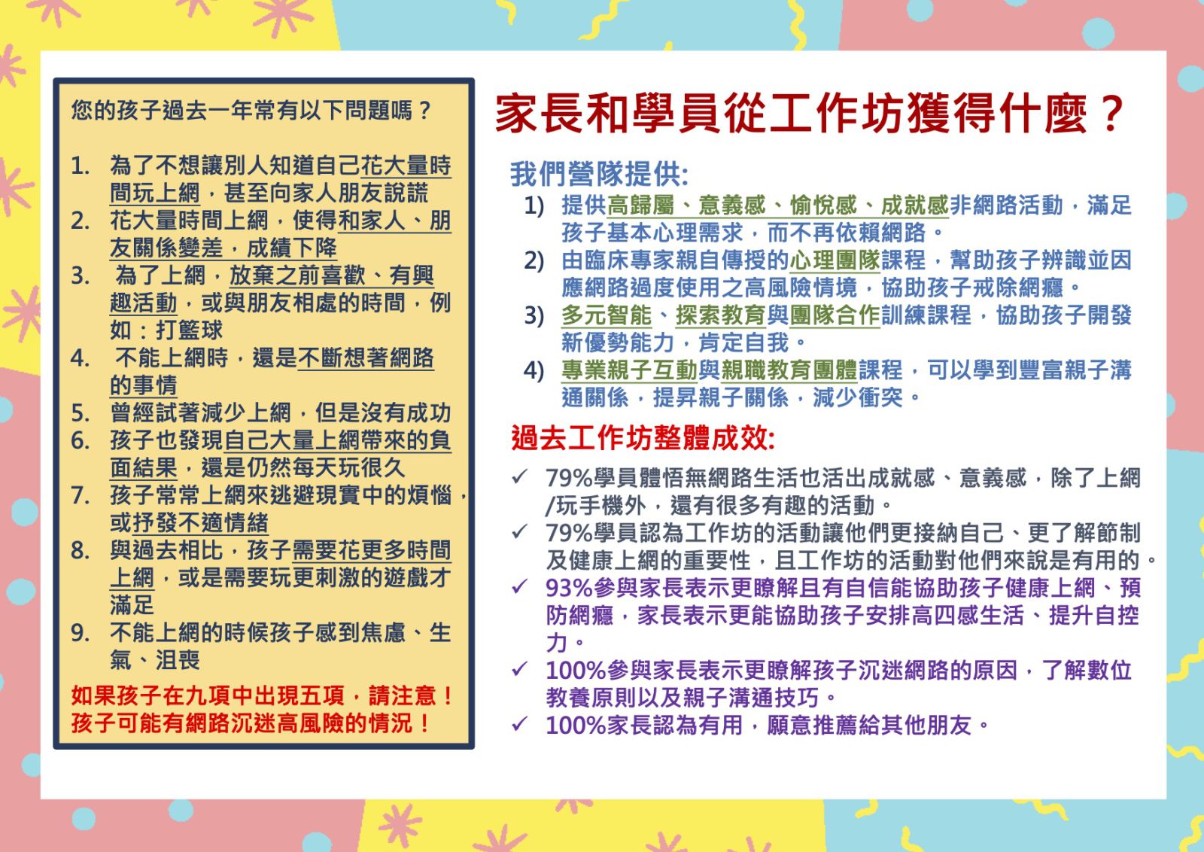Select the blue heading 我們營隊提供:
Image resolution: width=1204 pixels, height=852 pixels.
click(599, 174)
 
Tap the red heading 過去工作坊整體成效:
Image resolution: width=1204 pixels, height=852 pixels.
click(643, 438)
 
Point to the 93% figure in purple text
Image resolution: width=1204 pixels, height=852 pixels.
click(569, 588)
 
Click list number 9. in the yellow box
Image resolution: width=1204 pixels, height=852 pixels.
click(80, 633)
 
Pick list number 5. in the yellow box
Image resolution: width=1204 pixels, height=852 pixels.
click(80, 413)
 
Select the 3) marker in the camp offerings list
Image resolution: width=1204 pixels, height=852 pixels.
click(534, 315)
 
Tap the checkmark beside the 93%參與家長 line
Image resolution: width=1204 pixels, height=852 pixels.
click(520, 586)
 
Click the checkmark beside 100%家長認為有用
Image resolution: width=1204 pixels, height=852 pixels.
click(520, 724)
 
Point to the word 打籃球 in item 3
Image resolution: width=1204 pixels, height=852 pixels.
click(189, 330)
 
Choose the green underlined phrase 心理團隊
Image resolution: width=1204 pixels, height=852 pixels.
click(835, 260)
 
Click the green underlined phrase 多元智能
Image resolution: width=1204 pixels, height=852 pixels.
click(607, 315)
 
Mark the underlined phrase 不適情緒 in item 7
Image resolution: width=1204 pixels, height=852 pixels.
click(223, 522)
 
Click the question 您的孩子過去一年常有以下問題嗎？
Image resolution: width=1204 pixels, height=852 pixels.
click(251, 111)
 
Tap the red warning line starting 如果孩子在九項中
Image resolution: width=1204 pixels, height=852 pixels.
click(263, 695)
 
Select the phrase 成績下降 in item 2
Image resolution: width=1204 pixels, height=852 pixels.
click(291, 248)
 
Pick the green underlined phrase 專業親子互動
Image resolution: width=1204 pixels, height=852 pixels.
click(629, 370)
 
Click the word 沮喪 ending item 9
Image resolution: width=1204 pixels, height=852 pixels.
click(178, 660)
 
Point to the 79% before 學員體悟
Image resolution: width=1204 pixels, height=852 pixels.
click(569, 478)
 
